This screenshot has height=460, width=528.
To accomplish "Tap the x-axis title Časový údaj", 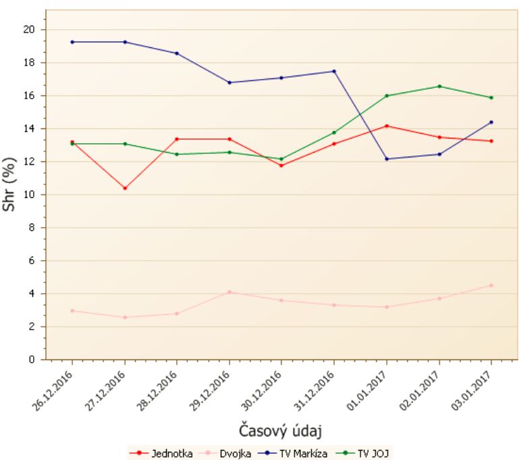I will point(280,430).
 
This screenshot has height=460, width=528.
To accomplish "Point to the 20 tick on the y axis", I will point(28,30).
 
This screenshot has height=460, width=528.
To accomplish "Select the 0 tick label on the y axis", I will point(31,359).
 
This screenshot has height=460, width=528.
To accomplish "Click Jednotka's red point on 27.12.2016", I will point(125,188).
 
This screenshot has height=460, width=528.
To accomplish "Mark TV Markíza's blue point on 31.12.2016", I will point(334,71).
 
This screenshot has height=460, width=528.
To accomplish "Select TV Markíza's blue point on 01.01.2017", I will point(387,159).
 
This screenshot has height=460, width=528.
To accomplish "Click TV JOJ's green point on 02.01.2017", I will point(440,86).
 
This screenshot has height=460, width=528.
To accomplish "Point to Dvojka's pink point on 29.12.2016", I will point(230,292).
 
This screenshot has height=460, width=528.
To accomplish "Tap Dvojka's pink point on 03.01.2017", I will point(492,285).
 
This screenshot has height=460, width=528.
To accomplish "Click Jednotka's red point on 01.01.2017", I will point(387,126).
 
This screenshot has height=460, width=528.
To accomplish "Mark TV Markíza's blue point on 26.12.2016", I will point(72,42).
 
